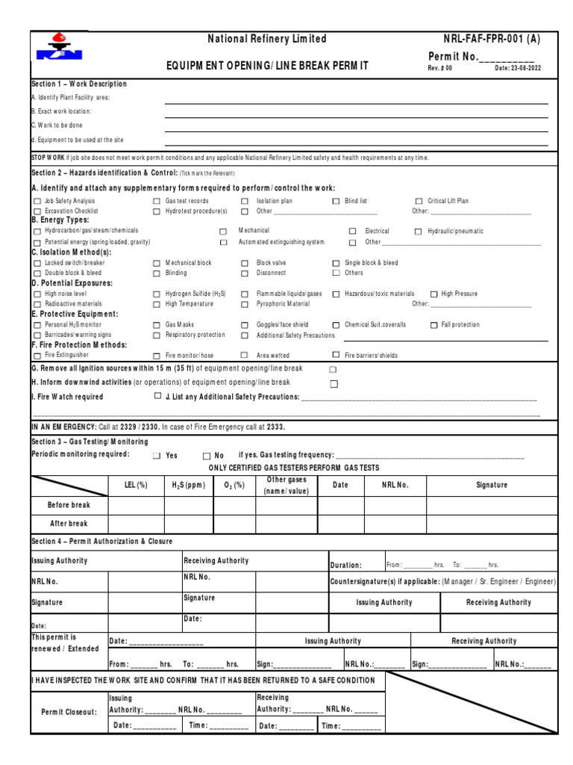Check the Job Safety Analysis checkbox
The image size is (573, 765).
click(37, 202)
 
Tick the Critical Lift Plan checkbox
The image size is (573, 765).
click(419, 202)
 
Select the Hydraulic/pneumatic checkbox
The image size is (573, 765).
click(419, 232)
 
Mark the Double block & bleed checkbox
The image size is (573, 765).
click(37, 273)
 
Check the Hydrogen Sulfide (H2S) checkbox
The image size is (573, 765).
click(157, 294)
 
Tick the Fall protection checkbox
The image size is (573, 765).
click(433, 325)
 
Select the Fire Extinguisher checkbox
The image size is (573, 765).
click(37, 356)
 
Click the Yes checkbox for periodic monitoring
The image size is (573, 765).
click(157, 456)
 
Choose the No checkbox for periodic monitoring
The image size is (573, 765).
click(206, 456)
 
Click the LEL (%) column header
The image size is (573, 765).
click(136, 486)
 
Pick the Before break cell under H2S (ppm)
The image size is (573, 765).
click(189, 506)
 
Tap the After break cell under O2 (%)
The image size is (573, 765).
click(234, 524)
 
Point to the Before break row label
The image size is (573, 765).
click(69, 506)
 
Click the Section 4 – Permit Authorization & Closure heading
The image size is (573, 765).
click(101, 542)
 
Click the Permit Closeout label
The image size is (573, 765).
click(69, 712)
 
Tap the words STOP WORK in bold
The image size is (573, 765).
click(48, 158)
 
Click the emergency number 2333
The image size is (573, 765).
click(275, 427)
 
